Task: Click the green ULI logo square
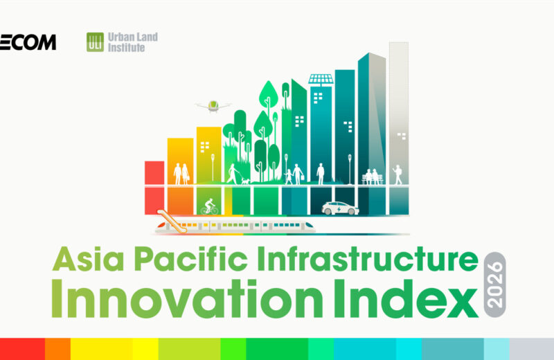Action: pyautogui.click(x=95, y=42)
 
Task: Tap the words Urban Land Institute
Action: pyautogui.click(x=133, y=42)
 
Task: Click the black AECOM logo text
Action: pyautogui.click(x=28, y=42)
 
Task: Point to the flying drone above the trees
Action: pyautogui.click(x=213, y=106)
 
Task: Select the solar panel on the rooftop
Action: pyautogui.click(x=321, y=80)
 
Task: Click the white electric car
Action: pyautogui.click(x=340, y=208)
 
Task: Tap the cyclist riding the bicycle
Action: pyautogui.click(x=210, y=207)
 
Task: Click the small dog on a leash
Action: pyautogui.click(x=246, y=181)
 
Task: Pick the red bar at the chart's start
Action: pyautogui.click(x=154, y=188)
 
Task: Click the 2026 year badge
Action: pyautogui.click(x=494, y=285)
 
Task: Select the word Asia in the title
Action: pyautogui.click(x=89, y=259)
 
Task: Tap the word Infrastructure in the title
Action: pyautogui.click(x=368, y=259)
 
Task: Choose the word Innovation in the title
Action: pyautogui.click(x=187, y=298)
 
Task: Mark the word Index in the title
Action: pyautogui.click(x=406, y=298)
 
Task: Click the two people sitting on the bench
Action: pyautogui.click(x=372, y=177)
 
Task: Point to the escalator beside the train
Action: pyautogui.click(x=172, y=222)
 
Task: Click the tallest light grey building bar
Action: pyautogui.click(x=399, y=128)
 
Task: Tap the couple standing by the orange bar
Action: pyautogui.click(x=181, y=174)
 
